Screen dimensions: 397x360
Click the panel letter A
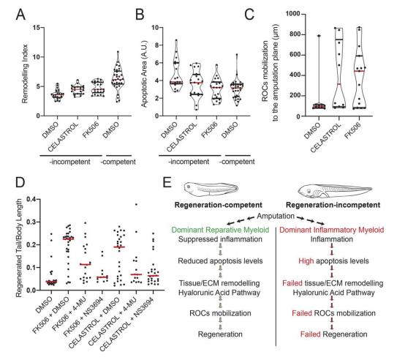click(20, 15)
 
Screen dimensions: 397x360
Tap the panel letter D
click(20, 182)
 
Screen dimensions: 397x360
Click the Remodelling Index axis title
click(25, 74)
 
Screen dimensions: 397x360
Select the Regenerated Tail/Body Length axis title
click(19, 248)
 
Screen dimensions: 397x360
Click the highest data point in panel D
click(136, 204)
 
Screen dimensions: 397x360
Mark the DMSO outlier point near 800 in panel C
click(319, 36)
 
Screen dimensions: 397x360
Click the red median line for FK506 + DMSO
click(68, 239)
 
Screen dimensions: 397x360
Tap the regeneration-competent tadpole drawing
click(211, 189)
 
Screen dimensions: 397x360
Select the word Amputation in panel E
click(276, 216)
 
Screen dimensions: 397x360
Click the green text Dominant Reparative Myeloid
click(220, 230)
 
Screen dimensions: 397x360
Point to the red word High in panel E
click(306, 260)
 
